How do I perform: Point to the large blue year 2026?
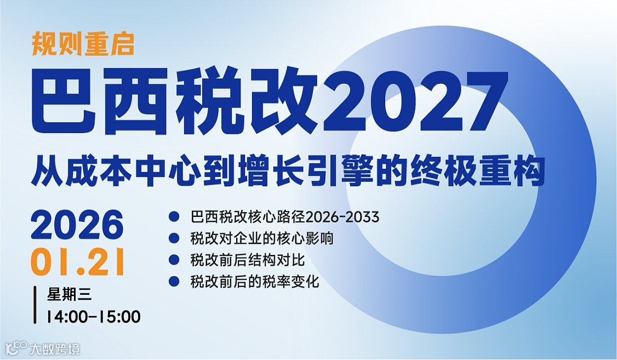pos(77,225)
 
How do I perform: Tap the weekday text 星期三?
pos(68,295)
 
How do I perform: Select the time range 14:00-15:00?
pos(93,316)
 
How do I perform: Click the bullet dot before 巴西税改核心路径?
pos(174,217)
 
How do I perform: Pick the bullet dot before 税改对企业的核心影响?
pos(174,238)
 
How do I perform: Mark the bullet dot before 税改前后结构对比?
pos(174,260)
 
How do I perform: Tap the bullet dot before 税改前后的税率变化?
pos(174,282)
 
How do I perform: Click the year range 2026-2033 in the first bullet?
pos(342,217)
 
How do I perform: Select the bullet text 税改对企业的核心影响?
pos(261,238)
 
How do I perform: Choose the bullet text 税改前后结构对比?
pos(247,260)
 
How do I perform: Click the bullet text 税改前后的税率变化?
pos(254,282)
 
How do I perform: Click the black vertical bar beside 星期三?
pos(36,305)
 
